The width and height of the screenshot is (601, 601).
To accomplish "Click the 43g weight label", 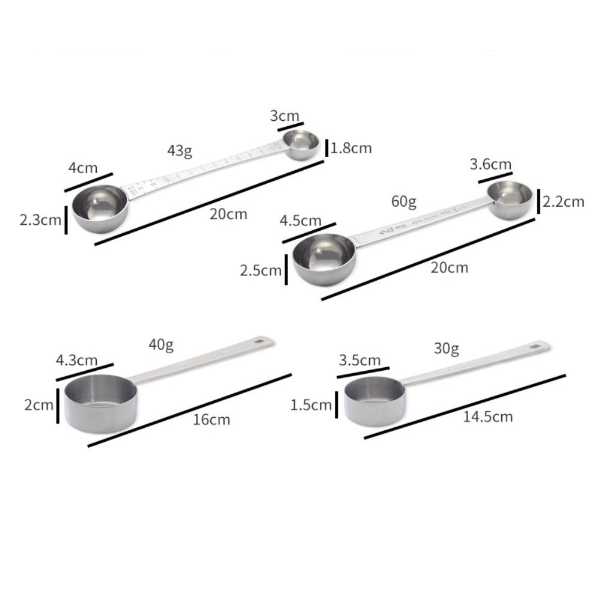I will (x=180, y=151).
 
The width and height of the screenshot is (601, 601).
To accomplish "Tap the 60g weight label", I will (x=403, y=201).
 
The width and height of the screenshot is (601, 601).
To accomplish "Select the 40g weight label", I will (x=160, y=344).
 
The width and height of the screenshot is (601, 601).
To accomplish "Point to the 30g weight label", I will (x=446, y=348).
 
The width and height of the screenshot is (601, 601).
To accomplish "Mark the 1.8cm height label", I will (x=352, y=148).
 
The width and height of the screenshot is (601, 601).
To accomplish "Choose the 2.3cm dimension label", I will (x=40, y=220).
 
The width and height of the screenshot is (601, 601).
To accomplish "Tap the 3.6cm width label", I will (x=491, y=164).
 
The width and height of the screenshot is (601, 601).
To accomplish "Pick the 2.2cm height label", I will (x=563, y=201).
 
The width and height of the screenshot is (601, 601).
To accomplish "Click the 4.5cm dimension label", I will (x=300, y=221).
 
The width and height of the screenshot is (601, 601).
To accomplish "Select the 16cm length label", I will (x=211, y=419).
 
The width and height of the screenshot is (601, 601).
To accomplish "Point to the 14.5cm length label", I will (x=487, y=416).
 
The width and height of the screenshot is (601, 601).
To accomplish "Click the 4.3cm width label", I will (x=76, y=361).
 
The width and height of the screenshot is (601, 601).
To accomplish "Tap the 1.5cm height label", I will (x=311, y=405).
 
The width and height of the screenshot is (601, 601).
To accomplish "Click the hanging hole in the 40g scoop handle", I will (x=260, y=342).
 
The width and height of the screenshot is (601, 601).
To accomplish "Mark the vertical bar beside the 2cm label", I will (x=58, y=405).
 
